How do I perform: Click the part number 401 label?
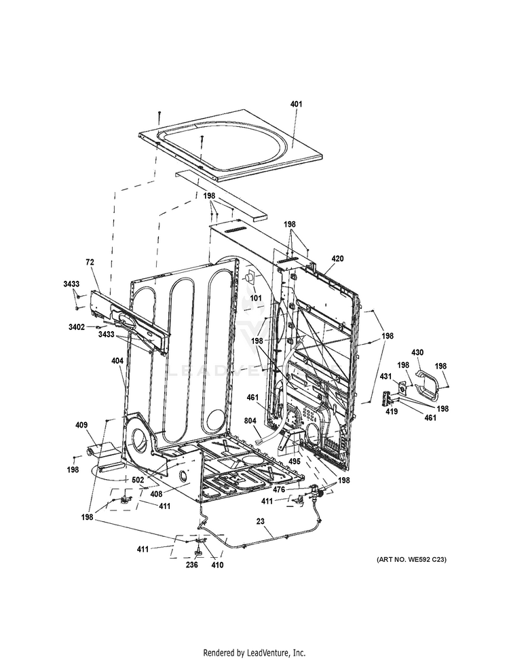click(296, 105)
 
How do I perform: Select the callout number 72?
click(89, 262)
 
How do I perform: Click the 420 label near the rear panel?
click(337, 259)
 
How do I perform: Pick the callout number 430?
click(418, 352)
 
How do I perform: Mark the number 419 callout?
click(392, 411)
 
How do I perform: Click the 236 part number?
click(193, 565)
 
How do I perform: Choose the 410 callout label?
click(216, 565)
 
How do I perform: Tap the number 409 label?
click(81, 426)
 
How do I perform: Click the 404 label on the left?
click(117, 362)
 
